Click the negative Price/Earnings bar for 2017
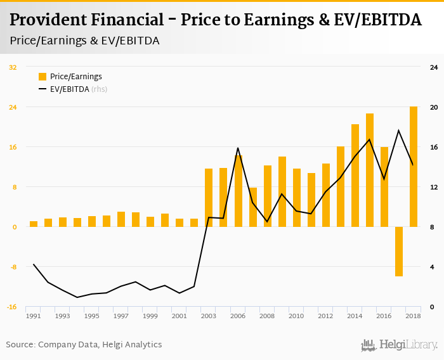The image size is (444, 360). pyautogui.click(x=399, y=251)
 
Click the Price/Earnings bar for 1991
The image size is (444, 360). pyautogui.click(x=34, y=224)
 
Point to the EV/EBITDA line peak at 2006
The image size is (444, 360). pyautogui.click(x=238, y=148)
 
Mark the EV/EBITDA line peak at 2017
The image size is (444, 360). pyautogui.click(x=399, y=131)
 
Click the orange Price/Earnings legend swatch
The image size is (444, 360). pyautogui.click(x=42, y=77)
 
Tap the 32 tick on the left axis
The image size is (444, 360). pyautogui.click(x=13, y=67)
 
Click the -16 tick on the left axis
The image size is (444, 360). pyautogui.click(x=12, y=307)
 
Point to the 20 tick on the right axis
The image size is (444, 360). pyautogui.click(x=434, y=107)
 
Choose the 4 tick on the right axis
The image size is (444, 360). pyautogui.click(x=434, y=267)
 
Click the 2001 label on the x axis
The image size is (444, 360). pyautogui.click(x=180, y=316)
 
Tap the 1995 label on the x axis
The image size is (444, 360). pyautogui.click(x=92, y=316)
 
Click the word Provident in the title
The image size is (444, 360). pyautogui.click(x=51, y=20)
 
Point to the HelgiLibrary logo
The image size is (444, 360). pyautogui.click(x=399, y=345)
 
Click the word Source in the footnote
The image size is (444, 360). pyautogui.click(x=20, y=345)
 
